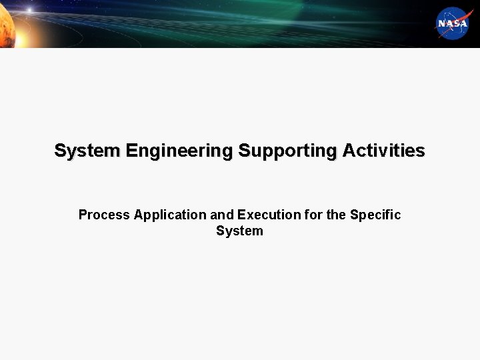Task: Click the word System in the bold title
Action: (87, 151)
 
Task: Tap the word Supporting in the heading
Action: (287, 151)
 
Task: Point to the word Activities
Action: (383, 151)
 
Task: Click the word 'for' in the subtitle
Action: (311, 215)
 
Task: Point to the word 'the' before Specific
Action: (336, 215)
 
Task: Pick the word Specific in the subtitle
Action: (375, 215)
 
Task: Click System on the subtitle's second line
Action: (239, 231)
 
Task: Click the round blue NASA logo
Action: (453, 23)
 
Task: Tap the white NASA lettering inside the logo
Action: (453, 24)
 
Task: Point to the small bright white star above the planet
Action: (30, 9)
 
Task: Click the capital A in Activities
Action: (348, 151)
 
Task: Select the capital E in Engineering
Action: (130, 151)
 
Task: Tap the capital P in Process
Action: (83, 215)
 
